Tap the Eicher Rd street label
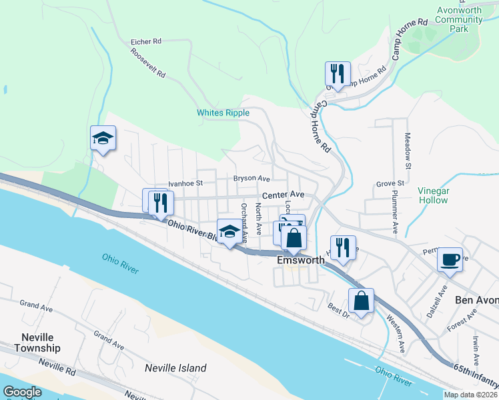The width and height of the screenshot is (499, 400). click(x=147, y=41)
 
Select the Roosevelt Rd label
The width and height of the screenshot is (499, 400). click(x=147, y=63)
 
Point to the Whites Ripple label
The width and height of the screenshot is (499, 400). click(x=223, y=113)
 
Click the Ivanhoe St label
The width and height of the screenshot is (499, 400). click(x=185, y=182)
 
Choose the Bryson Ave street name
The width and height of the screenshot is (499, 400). click(x=251, y=179)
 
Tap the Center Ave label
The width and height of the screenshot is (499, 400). click(x=283, y=195)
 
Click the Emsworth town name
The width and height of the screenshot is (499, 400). click(x=300, y=261)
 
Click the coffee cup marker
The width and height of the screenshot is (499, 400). click(x=450, y=259)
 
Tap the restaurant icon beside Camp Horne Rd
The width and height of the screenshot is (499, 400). click(x=338, y=73)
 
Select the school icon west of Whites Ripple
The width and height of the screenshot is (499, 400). click(x=103, y=138)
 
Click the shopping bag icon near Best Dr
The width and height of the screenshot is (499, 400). click(x=361, y=300)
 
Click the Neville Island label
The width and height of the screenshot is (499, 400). click(x=176, y=367)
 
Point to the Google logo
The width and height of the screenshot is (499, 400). click(x=23, y=391)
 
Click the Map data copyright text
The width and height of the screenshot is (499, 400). click(x=470, y=395)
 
